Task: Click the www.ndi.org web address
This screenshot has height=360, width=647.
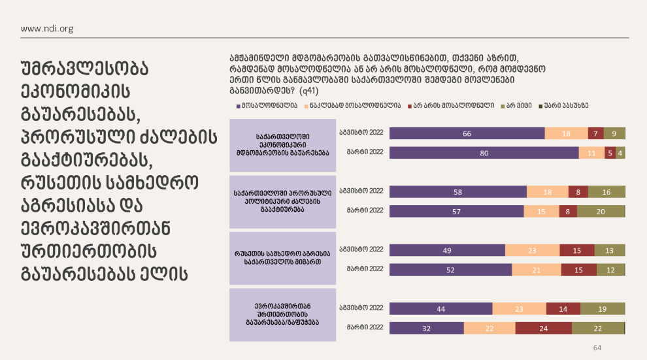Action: click(47, 28)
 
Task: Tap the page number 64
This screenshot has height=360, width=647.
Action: click(597, 347)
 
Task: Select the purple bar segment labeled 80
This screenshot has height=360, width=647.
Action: click(484, 153)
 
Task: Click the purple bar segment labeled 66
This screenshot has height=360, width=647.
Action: click(467, 133)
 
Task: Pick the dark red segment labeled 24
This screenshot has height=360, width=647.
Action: click(543, 328)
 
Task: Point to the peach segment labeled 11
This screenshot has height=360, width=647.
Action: click(591, 153)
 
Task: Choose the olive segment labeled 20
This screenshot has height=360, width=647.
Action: click(601, 211)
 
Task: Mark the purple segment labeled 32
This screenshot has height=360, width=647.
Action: click(426, 328)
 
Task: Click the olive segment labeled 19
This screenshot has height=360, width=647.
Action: click(603, 308)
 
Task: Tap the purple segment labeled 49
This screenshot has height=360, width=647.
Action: click(447, 250)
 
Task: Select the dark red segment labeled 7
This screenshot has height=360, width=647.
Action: click(595, 133)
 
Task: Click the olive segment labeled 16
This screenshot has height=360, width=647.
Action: click(606, 191)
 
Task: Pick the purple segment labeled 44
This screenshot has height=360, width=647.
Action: click(440, 308)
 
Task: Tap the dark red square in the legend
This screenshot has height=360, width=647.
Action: click(410, 105)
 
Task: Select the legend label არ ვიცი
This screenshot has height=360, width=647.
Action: click(518, 105)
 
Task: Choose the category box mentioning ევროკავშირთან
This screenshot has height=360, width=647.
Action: click(283, 313)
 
